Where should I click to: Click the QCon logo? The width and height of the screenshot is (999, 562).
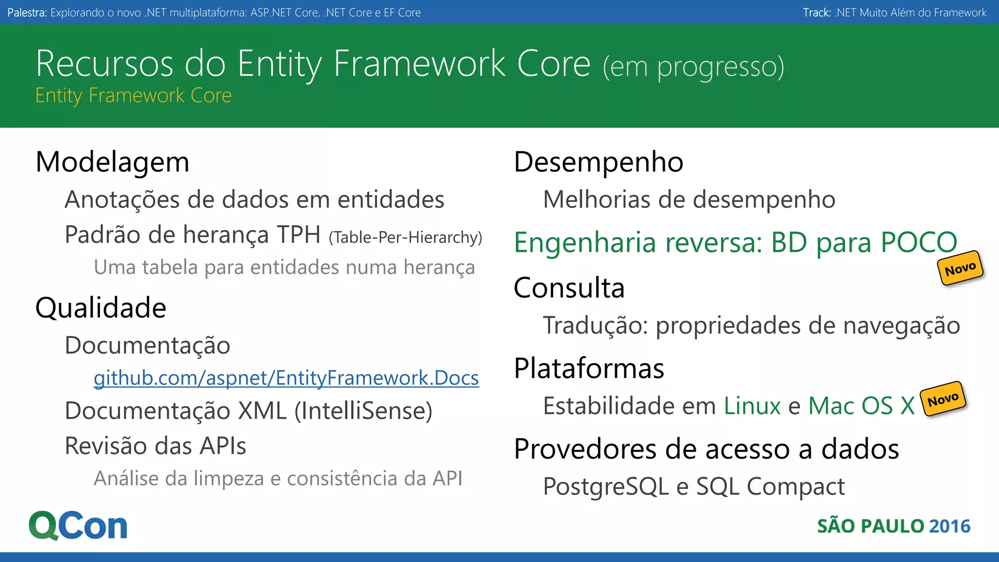tap(78, 526)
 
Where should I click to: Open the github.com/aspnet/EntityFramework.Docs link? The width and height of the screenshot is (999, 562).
tap(286, 378)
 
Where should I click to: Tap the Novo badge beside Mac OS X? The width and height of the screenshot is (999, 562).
tap(943, 400)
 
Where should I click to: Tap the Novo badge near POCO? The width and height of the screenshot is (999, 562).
tap(960, 269)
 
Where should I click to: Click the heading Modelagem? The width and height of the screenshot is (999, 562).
tap(112, 162)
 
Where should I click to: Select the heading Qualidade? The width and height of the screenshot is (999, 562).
tap(101, 308)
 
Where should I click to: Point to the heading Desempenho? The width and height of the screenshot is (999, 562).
tap(599, 162)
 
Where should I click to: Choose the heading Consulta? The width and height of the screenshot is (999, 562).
tap(569, 288)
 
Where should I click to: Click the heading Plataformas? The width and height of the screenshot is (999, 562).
tap(589, 368)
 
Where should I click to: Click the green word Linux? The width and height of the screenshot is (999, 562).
tap(752, 406)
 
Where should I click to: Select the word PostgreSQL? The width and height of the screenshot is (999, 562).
tap(606, 486)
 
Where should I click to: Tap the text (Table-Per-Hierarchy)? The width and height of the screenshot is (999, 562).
tap(405, 238)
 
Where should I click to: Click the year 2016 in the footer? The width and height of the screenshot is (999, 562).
tap(950, 526)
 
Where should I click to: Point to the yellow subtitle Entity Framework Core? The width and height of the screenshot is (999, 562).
tap(133, 96)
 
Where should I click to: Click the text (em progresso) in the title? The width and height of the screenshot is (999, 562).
tap(693, 67)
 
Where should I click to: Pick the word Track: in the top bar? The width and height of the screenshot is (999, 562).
tap(817, 13)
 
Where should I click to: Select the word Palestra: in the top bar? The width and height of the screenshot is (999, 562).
tap(27, 13)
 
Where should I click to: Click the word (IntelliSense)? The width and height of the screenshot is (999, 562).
tap(363, 411)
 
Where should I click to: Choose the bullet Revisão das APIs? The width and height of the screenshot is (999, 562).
tap(155, 446)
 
